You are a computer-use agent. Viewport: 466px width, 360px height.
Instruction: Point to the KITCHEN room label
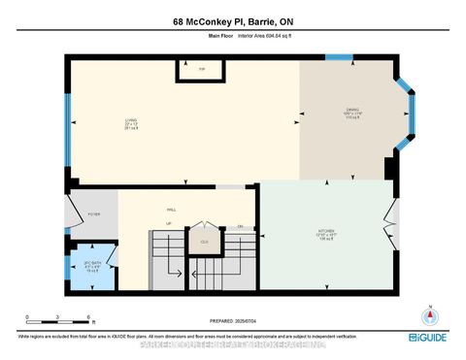tap(325, 232)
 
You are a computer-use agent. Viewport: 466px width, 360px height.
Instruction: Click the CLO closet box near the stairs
tap(204, 241)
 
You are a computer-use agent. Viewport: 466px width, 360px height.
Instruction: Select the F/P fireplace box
tap(201, 71)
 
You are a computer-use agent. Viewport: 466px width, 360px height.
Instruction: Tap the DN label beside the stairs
tap(240, 226)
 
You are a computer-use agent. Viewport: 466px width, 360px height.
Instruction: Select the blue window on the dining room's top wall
tap(339, 57)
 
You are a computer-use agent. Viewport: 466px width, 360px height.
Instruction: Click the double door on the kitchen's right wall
tap(392, 220)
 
